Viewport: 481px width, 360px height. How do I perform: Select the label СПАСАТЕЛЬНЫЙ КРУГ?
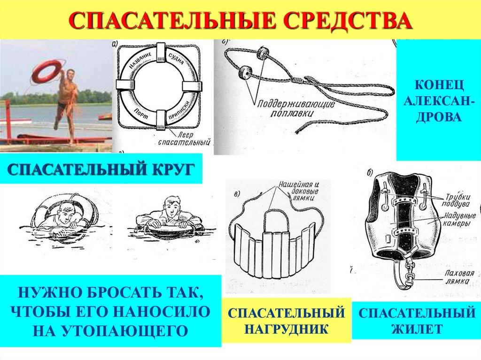click(101, 169)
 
